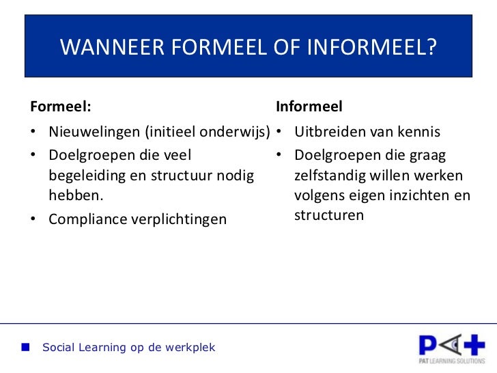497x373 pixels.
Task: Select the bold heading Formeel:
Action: click(x=60, y=107)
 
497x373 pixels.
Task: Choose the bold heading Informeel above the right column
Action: click(x=309, y=107)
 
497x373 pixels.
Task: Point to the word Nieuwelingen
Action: click(x=90, y=132)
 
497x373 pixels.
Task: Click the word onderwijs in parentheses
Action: click(x=240, y=132)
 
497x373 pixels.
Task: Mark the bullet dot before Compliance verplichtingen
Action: click(x=33, y=220)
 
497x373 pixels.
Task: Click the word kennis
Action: click(x=418, y=132)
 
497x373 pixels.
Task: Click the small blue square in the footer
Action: click(x=25, y=347)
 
